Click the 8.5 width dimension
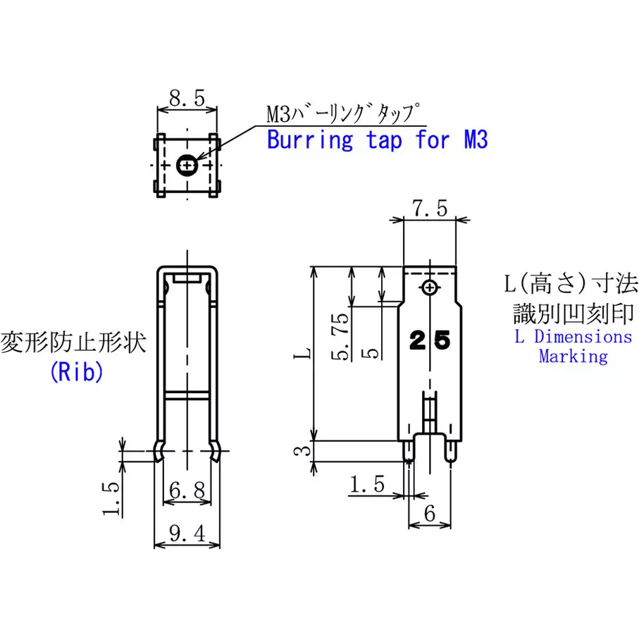pos(187,98)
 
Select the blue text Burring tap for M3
pos(378,139)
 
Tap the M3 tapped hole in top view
pos(187,166)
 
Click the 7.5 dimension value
pos(430,209)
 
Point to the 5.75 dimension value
pos(340,337)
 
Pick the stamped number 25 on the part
pos(430,340)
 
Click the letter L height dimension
pos(302,354)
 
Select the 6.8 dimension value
pos(187,490)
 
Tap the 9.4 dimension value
pos(187,533)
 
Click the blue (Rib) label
pos(77,372)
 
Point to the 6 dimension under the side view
pos(430,514)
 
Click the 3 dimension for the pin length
pos(302,451)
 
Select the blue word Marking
pos(573,356)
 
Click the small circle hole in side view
pos(430,287)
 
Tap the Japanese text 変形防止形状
pos(73,342)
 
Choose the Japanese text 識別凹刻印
pos(573,314)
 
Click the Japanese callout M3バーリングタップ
pos(342,113)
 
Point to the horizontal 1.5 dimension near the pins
pos(367,484)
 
